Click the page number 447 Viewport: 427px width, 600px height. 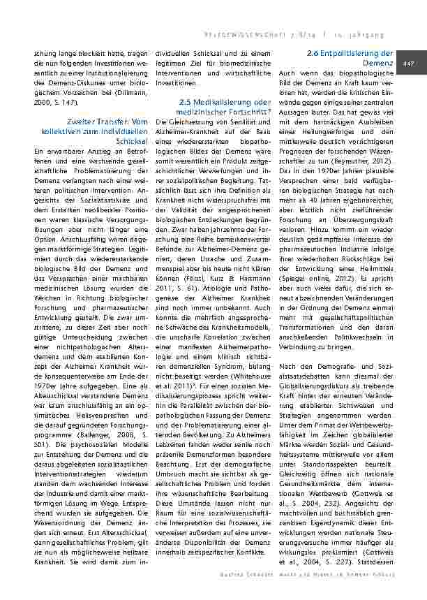[x=409, y=64]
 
